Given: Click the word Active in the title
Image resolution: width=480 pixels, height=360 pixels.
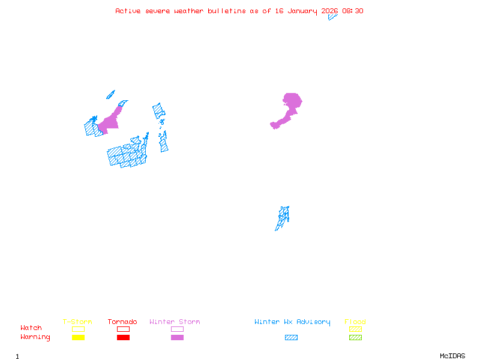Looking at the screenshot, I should click(x=128, y=11).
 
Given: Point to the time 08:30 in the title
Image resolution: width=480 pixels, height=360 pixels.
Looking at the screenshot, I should click(x=353, y=11).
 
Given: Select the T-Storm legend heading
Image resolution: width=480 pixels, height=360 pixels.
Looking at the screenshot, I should click(x=77, y=322).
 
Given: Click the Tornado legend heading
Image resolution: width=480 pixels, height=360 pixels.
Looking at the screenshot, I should click(x=122, y=322).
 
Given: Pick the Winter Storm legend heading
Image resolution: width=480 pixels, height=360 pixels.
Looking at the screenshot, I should click(x=175, y=322).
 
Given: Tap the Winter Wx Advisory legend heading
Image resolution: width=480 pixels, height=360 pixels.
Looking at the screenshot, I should click(x=292, y=322).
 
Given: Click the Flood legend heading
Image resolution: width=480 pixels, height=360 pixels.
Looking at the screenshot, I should click(x=355, y=322).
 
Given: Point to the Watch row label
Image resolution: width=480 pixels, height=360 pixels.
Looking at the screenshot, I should click(x=31, y=328).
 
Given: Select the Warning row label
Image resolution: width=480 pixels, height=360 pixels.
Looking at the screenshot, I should click(x=35, y=337).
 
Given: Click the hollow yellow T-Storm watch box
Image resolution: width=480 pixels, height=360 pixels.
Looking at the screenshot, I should click(x=78, y=329).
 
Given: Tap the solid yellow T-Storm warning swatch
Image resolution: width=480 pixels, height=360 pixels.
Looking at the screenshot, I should click(x=78, y=337).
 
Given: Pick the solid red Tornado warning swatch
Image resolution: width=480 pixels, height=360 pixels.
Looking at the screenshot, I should click(x=123, y=337).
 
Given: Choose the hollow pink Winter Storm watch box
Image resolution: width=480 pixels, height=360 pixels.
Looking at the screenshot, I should click(x=177, y=329).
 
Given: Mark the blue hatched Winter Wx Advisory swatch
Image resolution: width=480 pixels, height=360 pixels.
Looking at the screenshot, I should click(x=291, y=337).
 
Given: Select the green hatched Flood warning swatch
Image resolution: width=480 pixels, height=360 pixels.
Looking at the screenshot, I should click(x=355, y=337).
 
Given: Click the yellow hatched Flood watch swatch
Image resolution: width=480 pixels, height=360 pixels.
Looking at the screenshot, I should click(x=355, y=329).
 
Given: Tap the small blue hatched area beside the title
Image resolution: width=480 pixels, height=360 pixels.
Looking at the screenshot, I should click(x=332, y=17).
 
